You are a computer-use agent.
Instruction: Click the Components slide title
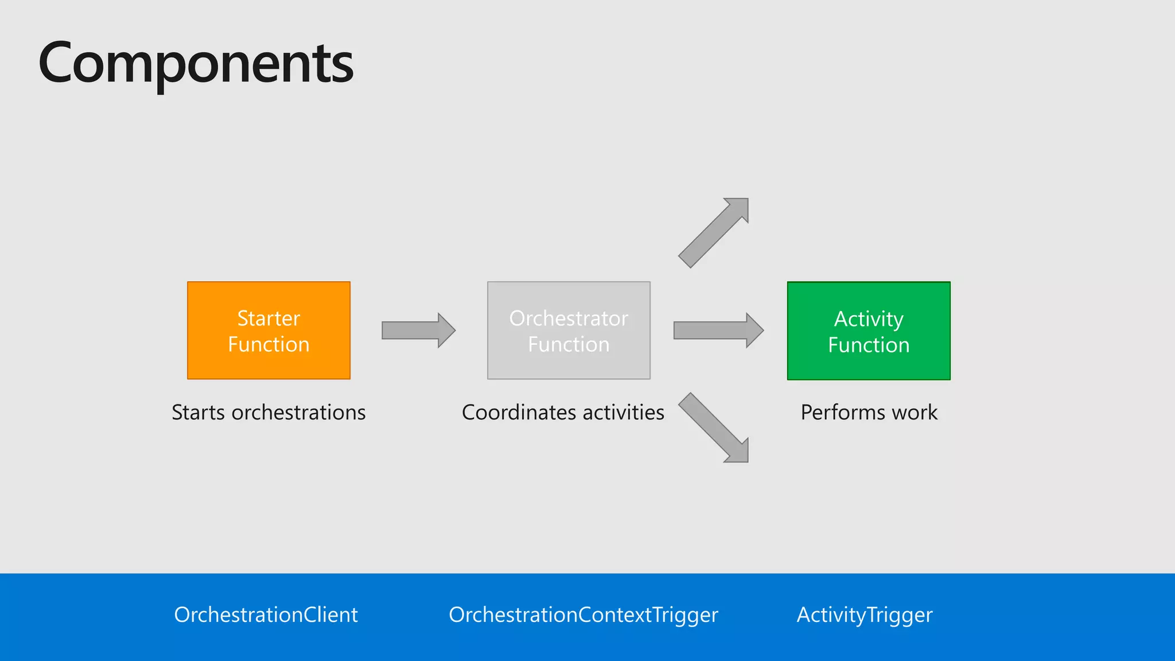tap(196, 63)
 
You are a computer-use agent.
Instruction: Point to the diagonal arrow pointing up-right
tap(714, 232)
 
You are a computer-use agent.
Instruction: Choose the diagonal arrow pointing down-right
tap(714, 427)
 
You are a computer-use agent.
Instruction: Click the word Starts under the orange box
tap(199, 413)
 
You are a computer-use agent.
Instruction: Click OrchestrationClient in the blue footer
tap(266, 615)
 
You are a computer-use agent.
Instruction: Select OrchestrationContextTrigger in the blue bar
tap(583, 615)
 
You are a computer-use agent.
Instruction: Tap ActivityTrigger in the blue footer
tap(865, 615)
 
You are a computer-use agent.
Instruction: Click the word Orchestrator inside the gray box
tap(569, 318)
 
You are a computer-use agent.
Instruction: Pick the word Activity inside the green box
tap(869, 319)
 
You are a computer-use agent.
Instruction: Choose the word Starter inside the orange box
tap(269, 318)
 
